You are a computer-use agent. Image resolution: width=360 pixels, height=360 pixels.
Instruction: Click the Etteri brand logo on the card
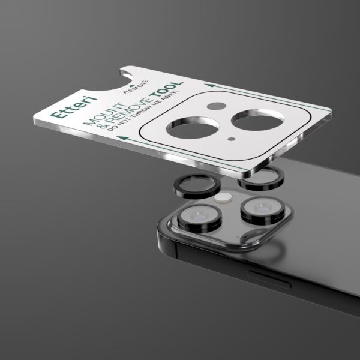73,107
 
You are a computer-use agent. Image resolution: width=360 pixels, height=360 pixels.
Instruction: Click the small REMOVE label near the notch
136,87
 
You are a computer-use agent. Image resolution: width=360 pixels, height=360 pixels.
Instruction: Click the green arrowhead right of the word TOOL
211,85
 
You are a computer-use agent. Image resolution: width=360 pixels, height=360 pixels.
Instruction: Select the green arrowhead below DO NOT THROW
123,138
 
